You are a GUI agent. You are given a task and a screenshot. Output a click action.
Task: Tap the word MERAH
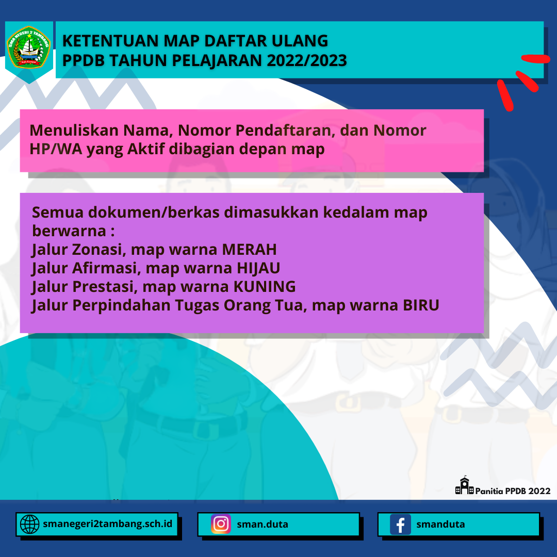(249, 250)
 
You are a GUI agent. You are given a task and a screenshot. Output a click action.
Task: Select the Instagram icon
(221, 524)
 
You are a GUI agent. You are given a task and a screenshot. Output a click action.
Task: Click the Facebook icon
(400, 525)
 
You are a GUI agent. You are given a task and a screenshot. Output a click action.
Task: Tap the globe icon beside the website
(29, 525)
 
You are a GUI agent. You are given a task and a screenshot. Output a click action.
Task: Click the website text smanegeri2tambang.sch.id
(108, 524)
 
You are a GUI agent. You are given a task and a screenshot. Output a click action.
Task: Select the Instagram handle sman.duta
(263, 525)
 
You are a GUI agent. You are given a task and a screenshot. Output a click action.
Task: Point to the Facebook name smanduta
(440, 525)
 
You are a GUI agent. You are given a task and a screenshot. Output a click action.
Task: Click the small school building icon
(464, 486)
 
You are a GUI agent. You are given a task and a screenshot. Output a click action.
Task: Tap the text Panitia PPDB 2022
(513, 491)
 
